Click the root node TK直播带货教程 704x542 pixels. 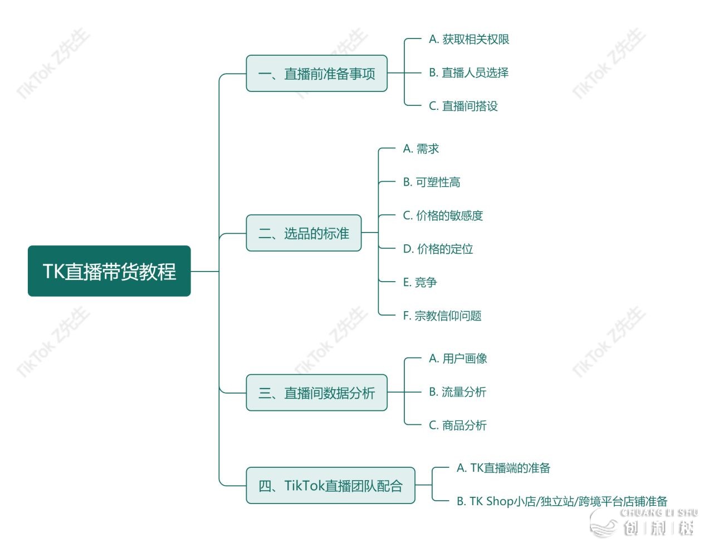pos(109,271)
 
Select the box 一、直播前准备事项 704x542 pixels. pos(316,74)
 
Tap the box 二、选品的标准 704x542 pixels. pos(304,233)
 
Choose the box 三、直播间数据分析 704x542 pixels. pos(316,393)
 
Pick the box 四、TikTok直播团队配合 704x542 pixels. pos(330,486)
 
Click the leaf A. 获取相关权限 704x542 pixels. pos(469,39)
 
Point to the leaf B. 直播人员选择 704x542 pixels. pos(468,72)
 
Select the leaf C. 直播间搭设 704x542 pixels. pos(463,106)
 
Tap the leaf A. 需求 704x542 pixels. pos(421,149)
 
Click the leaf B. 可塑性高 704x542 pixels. pos(432,182)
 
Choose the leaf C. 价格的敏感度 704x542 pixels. pos(443,216)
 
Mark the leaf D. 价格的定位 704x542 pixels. pos(438,249)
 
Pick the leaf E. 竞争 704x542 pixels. pos(420,283)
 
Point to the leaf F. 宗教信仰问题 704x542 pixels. pos(442,316)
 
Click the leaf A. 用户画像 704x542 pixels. pos(458,359)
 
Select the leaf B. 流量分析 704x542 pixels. pos(457,392)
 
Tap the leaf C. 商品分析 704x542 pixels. pos(457,425)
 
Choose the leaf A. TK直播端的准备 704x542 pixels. pos(503,468)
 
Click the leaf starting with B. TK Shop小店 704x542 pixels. pos(561,501)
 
